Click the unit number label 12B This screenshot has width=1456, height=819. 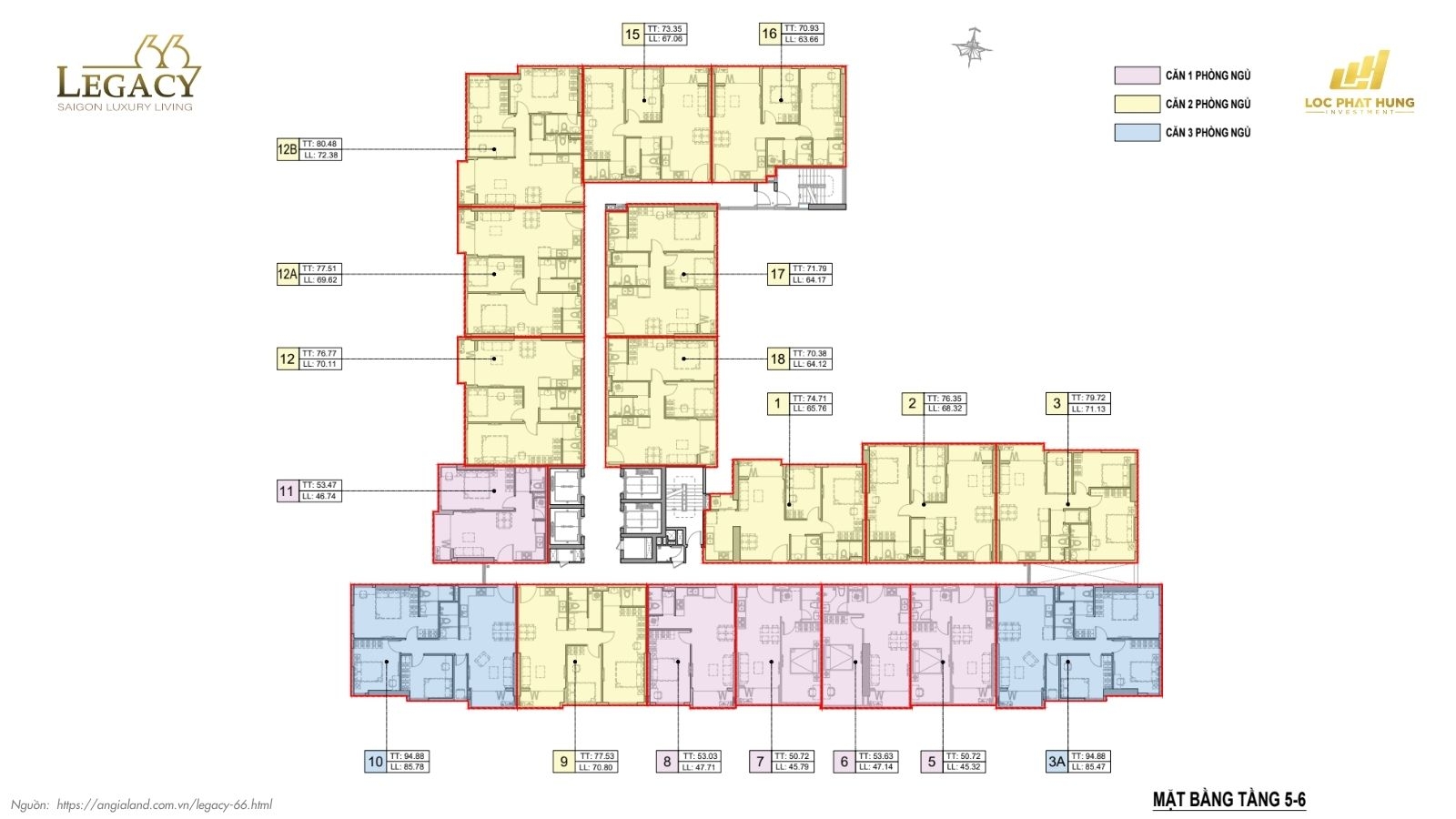click(x=288, y=149)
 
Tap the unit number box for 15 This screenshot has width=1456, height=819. click(x=632, y=35)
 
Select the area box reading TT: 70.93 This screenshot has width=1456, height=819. click(x=802, y=35)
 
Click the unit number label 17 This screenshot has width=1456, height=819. click(x=777, y=274)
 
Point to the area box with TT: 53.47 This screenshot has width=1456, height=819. click(x=320, y=490)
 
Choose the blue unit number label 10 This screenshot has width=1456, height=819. click(x=376, y=762)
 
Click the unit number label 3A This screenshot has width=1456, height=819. click(x=1056, y=762)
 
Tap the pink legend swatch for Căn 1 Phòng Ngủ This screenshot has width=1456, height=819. click(x=1137, y=76)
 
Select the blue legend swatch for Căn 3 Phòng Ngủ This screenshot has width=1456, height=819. click(x=1137, y=133)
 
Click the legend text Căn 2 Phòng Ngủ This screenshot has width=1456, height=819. click(x=1208, y=105)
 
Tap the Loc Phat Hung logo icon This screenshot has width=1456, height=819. click(x=1360, y=71)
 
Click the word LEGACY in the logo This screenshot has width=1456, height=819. click(x=127, y=83)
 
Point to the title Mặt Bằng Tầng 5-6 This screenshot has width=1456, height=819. click(x=1228, y=800)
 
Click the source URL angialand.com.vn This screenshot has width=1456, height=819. click(x=164, y=804)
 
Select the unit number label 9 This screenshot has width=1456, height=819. click(x=564, y=762)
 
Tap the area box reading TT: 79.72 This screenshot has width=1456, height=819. click(x=1087, y=403)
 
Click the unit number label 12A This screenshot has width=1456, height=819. click(x=288, y=274)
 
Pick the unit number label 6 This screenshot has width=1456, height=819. click(x=844, y=762)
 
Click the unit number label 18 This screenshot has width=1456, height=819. click(x=777, y=359)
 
